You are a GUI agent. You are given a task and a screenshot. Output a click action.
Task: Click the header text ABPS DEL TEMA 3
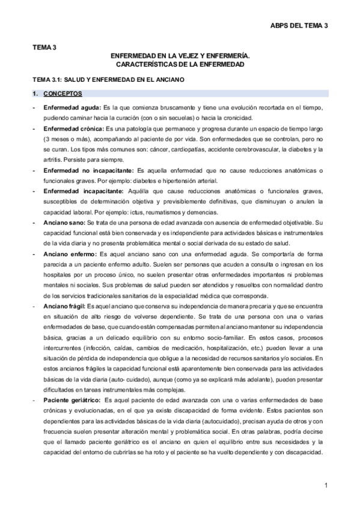(299, 25)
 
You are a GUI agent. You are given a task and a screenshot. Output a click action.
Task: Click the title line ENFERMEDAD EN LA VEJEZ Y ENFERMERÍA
(180, 55)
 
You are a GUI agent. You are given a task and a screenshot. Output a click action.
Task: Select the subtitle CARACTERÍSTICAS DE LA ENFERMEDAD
(180, 64)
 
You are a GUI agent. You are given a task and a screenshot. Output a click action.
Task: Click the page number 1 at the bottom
(325, 485)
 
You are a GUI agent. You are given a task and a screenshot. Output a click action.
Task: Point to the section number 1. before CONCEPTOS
(35, 94)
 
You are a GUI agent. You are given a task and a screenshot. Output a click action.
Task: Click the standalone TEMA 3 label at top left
(44, 46)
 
